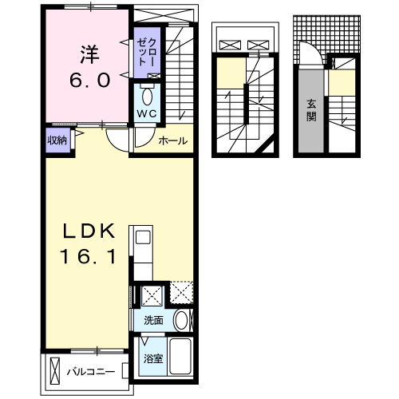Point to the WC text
146,113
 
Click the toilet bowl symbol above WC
147,96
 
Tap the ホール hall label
173,141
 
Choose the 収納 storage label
56,140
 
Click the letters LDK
90,231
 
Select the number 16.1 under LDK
90,257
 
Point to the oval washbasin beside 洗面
181,321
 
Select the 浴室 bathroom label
152,358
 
